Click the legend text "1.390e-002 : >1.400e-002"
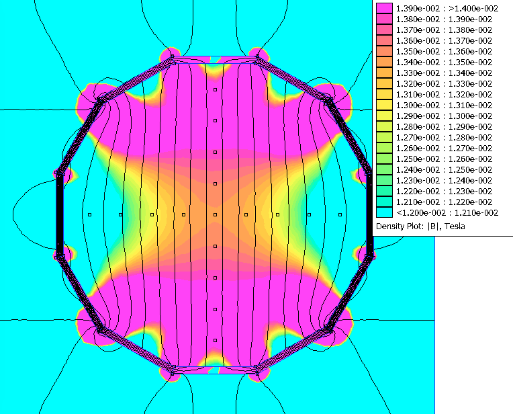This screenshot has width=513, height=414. point(447,9)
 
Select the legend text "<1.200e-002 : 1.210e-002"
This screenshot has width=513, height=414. point(447,213)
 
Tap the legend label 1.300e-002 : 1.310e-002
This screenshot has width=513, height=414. point(444,105)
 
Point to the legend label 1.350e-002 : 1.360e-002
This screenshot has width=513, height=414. point(444,52)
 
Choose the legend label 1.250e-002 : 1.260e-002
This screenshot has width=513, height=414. point(444,159)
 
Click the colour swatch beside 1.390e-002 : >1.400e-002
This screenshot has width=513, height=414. point(384,8)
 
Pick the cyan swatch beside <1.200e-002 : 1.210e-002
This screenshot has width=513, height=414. point(384,212)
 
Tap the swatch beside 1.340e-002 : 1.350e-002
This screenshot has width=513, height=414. point(384,62)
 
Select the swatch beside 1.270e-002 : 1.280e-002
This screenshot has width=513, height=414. point(384,137)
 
